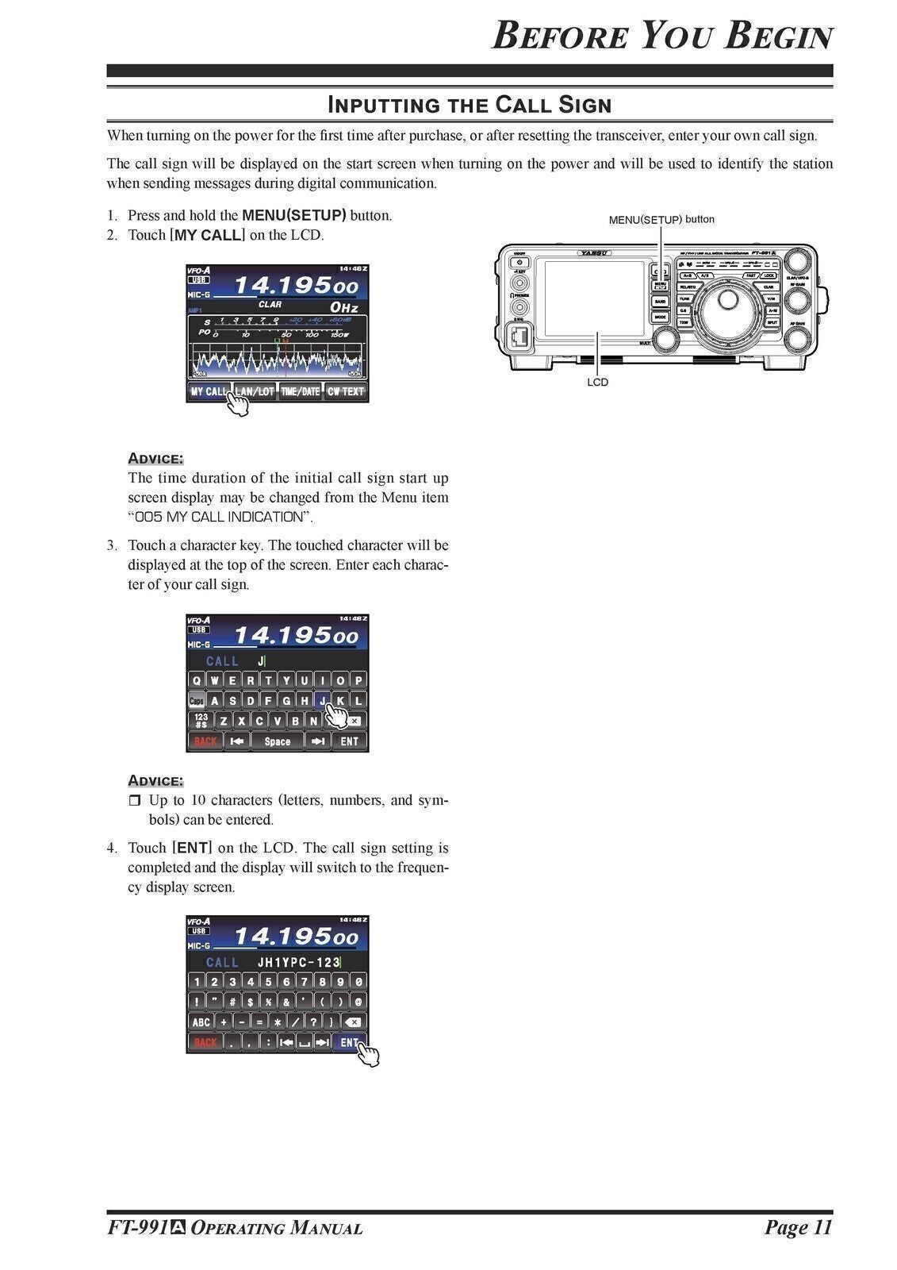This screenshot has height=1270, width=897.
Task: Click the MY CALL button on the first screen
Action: (208, 391)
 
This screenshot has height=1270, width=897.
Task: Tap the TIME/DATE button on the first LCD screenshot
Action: (300, 391)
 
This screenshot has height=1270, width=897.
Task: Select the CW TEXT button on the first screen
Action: (346, 391)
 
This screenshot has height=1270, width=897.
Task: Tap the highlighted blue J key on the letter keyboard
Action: (322, 701)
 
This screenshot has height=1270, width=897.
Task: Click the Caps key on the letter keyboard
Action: (196, 701)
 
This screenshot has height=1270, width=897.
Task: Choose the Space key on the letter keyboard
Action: (278, 741)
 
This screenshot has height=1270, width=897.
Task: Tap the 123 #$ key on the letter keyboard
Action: (201, 721)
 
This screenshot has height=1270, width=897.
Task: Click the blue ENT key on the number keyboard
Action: (349, 1043)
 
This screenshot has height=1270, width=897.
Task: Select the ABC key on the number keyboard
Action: (201, 1022)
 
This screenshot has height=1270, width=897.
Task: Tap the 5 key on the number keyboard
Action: (268, 982)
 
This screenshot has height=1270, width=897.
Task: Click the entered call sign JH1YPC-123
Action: (298, 962)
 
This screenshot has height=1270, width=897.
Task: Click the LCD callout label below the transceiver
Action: (597, 383)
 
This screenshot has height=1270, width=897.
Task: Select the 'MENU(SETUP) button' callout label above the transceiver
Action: (661, 220)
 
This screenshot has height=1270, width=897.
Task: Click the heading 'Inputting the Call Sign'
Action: (470, 105)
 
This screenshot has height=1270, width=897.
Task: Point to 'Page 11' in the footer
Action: (798, 1228)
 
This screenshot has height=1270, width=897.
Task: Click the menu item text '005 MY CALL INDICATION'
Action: (219, 517)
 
